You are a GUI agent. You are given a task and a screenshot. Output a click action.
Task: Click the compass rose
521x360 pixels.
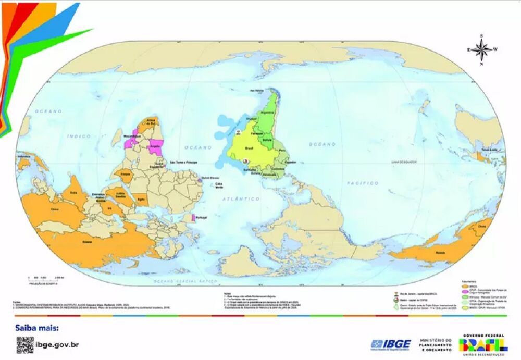[x=482, y=50]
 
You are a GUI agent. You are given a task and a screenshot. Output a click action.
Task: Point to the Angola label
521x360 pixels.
[x=154, y=146]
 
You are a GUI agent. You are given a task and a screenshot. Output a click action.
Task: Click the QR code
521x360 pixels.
[x=24, y=344]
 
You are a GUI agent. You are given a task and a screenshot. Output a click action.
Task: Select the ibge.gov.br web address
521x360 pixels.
[x=57, y=344]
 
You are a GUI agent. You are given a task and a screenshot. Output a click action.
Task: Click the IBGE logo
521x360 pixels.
[x=390, y=344]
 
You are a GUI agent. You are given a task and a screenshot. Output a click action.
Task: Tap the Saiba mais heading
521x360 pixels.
[x=38, y=328]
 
